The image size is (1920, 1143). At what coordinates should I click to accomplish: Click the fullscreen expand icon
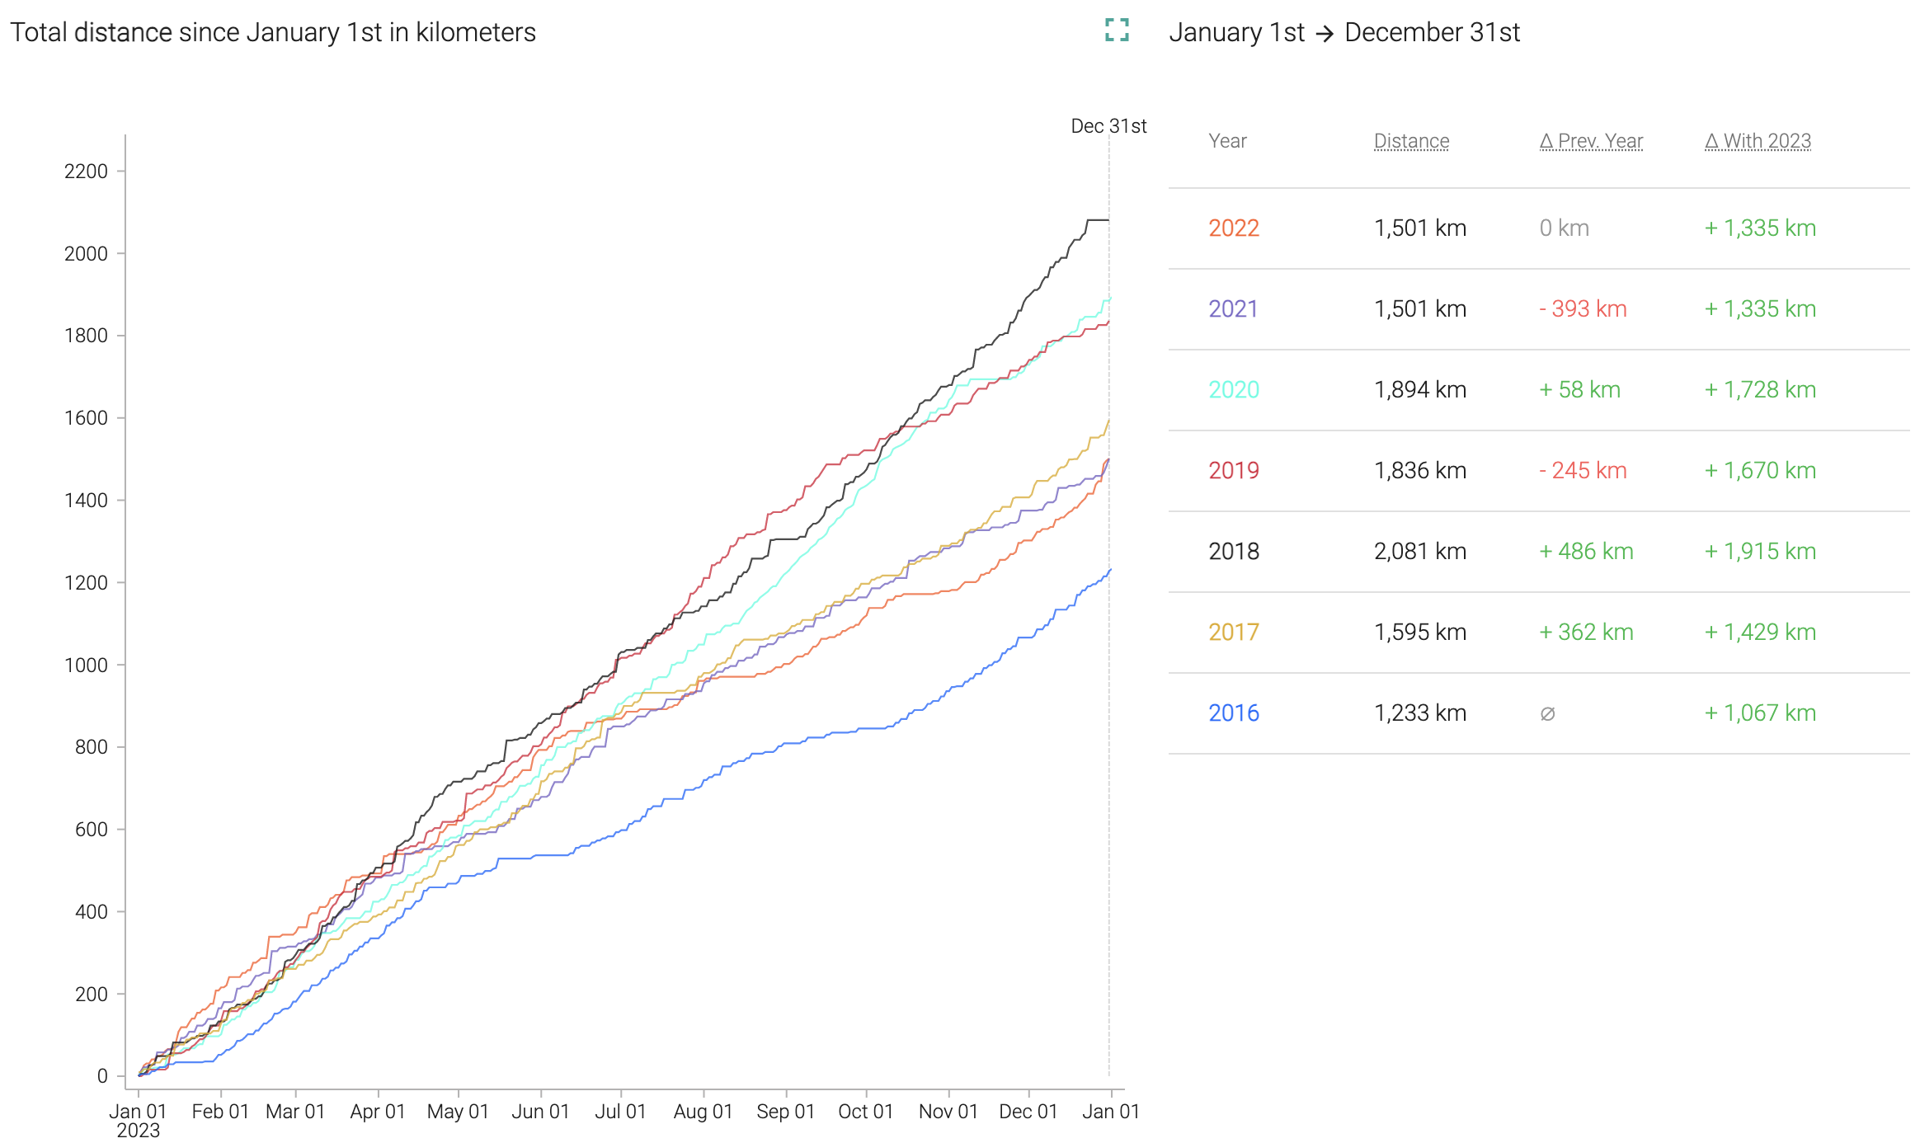(1117, 31)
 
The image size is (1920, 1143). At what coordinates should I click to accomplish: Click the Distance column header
(1411, 141)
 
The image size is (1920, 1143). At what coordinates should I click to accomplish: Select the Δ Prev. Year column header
(1591, 141)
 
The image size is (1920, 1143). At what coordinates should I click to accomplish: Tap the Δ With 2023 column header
(1758, 141)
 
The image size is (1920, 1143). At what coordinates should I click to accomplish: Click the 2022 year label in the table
(1234, 228)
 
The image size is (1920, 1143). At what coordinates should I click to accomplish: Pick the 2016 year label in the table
(1234, 713)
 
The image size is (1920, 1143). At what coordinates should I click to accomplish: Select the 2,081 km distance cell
(1419, 552)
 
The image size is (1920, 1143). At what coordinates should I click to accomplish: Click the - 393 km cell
(1583, 309)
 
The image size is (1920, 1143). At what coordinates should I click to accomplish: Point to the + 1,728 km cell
(1760, 390)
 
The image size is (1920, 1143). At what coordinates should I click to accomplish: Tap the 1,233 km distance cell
(1419, 713)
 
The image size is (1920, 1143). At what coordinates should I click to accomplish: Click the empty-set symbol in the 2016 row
(1547, 714)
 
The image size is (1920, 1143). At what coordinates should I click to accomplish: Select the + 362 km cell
(1586, 633)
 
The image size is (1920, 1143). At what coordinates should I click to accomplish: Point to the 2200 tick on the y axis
(86, 172)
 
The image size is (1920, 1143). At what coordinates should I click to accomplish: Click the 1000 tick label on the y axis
(86, 666)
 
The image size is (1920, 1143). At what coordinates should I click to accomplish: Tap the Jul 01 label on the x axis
(620, 1112)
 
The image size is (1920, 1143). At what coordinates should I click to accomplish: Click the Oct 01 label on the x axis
(865, 1112)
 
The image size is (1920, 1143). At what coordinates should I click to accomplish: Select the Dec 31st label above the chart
(1108, 126)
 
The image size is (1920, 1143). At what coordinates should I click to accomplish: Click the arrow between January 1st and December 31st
(1325, 33)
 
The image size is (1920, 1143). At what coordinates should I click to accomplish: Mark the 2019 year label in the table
(1234, 471)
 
